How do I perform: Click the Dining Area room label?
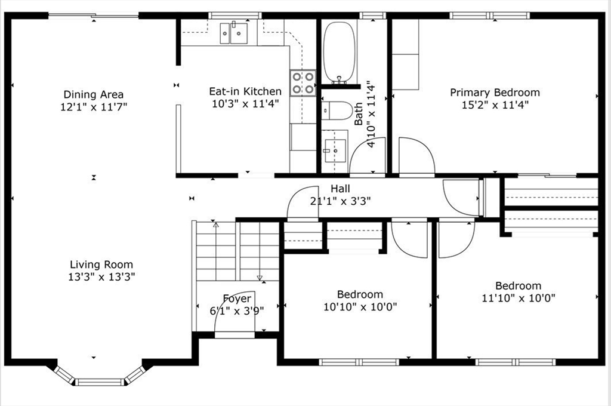coord(94,94)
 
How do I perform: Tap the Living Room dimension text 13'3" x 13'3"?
coord(101,277)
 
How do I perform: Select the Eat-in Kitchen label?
coord(245,91)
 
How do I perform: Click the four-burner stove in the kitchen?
coord(303,83)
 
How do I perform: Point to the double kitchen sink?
coord(233,33)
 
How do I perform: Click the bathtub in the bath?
coord(340,52)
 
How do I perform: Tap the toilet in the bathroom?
coord(337,111)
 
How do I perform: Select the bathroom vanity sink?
coord(335,150)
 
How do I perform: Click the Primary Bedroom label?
coord(495,93)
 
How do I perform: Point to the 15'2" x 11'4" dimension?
coord(495,105)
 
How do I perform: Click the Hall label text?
coord(340,189)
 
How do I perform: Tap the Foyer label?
coord(237,299)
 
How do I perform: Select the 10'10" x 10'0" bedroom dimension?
coord(360,307)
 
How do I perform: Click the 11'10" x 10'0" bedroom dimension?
coord(519,299)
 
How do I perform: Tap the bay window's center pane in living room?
coord(100,382)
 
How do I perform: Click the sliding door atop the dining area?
coord(94,16)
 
